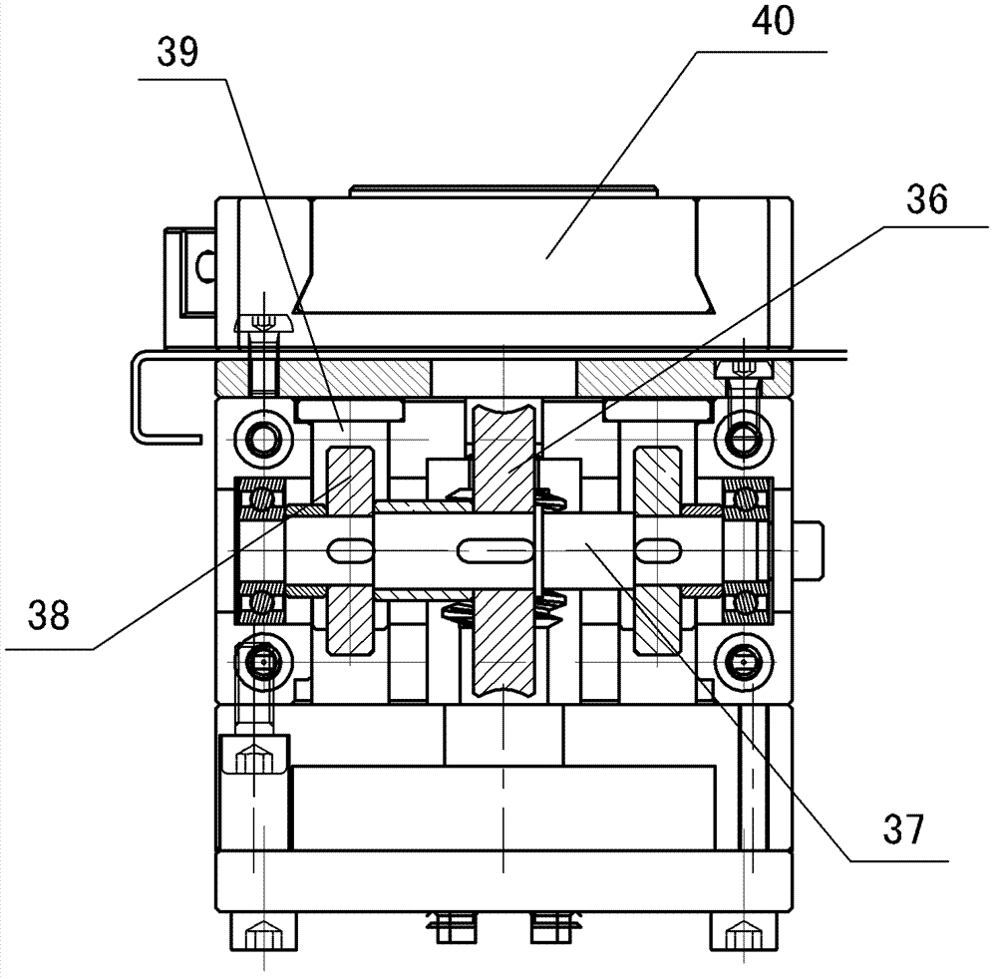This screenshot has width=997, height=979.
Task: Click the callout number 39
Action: (x=178, y=52)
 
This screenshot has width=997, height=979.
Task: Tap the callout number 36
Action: (x=927, y=199)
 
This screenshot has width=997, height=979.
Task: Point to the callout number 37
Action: (x=903, y=829)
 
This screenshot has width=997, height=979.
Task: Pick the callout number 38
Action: (x=48, y=615)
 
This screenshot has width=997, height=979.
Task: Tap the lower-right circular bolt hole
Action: (x=744, y=662)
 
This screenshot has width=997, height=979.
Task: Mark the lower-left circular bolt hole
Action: (x=262, y=662)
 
